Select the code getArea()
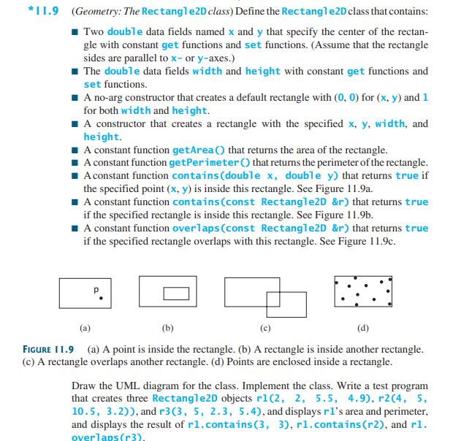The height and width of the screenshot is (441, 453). (x=199, y=150)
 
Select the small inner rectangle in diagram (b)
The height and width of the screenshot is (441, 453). (x=175, y=294)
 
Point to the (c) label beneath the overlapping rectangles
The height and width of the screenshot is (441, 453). (x=264, y=328)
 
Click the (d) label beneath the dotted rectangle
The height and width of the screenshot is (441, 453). (x=362, y=328)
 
